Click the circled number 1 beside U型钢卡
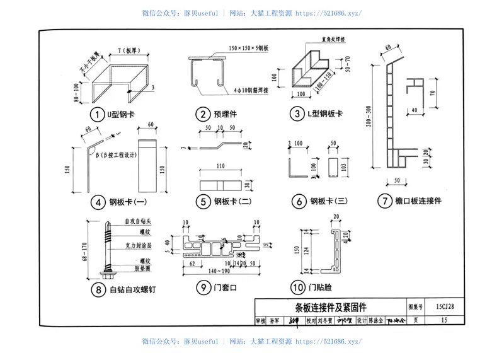[x=96, y=115]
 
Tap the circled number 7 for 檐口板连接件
[x=383, y=202]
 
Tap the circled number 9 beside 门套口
[x=202, y=289]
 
